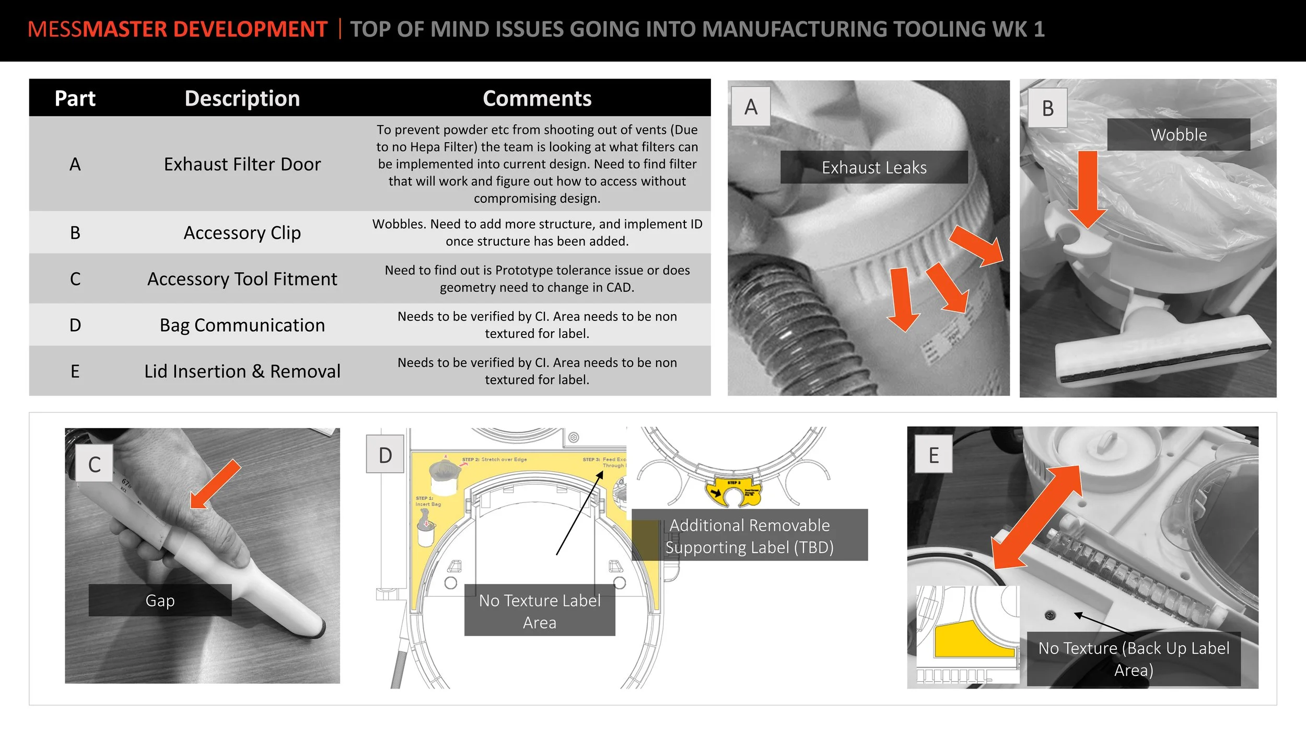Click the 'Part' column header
(75, 98)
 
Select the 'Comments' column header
(537, 98)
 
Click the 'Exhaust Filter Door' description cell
(242, 164)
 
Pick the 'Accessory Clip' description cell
(242, 233)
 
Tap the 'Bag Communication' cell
(242, 325)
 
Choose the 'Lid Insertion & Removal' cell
(242, 371)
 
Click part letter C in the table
(75, 279)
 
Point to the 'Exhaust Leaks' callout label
(873, 167)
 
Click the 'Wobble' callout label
(1178, 135)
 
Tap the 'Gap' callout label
(160, 600)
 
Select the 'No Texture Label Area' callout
(539, 611)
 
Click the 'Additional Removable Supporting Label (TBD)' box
(749, 536)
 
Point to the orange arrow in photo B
(1087, 188)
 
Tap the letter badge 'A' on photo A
(751, 107)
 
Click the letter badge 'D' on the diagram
(385, 455)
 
